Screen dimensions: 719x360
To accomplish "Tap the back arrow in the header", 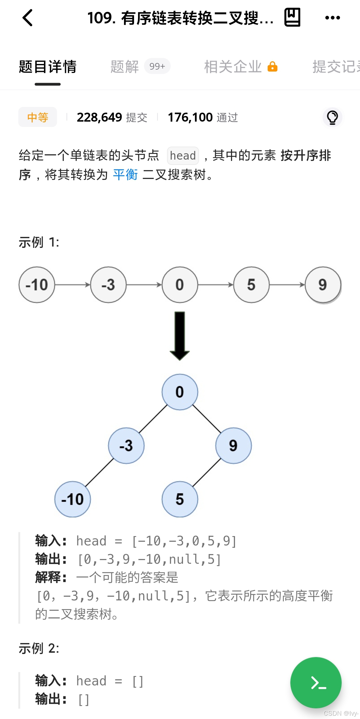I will point(28,18).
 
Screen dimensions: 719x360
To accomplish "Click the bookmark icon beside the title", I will point(292,17).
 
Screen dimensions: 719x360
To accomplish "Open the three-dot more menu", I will point(332,18).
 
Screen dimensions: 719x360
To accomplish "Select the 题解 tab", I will point(125,67).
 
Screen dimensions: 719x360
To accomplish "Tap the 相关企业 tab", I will point(233,67).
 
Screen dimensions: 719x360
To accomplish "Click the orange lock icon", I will point(273,67).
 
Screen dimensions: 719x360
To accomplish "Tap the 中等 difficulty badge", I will point(38,117).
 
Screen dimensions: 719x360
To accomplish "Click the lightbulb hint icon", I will point(332,117).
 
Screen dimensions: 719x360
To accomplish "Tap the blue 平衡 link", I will point(125,175).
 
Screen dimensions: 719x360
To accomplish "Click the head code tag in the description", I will point(183,156).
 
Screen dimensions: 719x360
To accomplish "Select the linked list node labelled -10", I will point(37,285).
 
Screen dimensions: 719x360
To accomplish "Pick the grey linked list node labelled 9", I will point(323,285).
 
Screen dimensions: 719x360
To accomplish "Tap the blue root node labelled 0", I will point(180,392).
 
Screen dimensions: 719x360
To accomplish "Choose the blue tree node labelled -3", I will point(126,446).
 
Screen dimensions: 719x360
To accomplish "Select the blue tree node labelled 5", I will point(180,499).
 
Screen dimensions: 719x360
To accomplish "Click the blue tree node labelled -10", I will point(72,499).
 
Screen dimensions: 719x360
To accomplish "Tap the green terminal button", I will point(316,683).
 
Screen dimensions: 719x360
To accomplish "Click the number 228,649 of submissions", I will point(99,117).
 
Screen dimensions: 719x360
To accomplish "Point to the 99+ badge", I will point(157,66).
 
